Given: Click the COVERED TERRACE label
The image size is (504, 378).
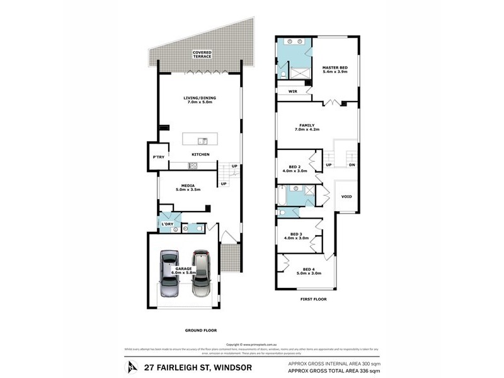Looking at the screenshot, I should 202,55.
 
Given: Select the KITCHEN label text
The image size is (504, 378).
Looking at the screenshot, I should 201,154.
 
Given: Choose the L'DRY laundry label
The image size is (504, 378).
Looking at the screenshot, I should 167,224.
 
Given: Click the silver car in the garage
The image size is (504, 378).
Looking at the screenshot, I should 169,273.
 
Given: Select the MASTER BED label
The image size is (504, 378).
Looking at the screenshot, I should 334,69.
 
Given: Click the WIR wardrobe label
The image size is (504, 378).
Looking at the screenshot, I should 292,91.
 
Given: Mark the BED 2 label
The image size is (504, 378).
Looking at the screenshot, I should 294,168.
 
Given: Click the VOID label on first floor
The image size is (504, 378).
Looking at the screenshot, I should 346,197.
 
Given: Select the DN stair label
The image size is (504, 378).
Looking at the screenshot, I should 350,165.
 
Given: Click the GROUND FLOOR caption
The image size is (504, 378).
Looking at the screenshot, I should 201,330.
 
